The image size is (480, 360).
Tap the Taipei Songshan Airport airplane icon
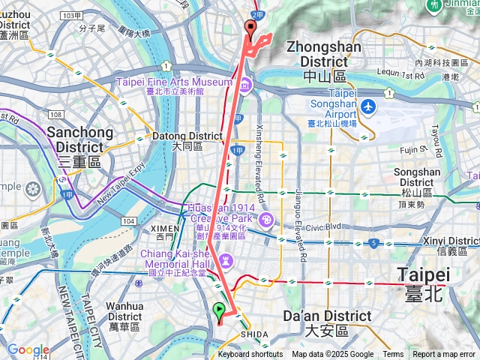(367, 106)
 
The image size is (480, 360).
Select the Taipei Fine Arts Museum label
(174, 82)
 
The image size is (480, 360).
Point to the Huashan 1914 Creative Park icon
(266, 220)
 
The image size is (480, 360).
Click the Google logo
(28, 349)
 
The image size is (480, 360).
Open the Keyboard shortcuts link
(250, 355)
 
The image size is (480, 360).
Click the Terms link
(393, 355)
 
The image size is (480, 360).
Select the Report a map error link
(444, 355)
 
